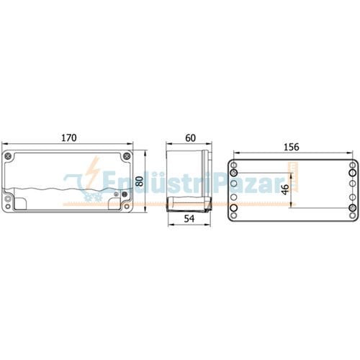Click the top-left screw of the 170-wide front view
click(9, 156)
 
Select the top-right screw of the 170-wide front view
click(128, 156)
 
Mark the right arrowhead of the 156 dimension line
click(356, 153)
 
